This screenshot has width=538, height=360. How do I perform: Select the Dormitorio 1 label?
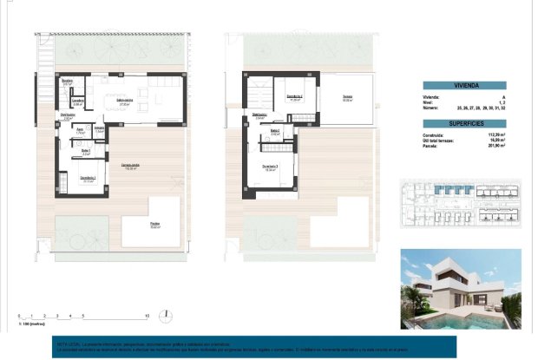coord(88,179)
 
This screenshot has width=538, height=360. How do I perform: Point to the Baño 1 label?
coord(86,150)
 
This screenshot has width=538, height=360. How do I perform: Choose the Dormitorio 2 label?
coord(294,97)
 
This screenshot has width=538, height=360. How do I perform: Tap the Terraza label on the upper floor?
coord(346,97)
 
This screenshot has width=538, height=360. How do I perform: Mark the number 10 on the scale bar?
coord(148,315)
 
